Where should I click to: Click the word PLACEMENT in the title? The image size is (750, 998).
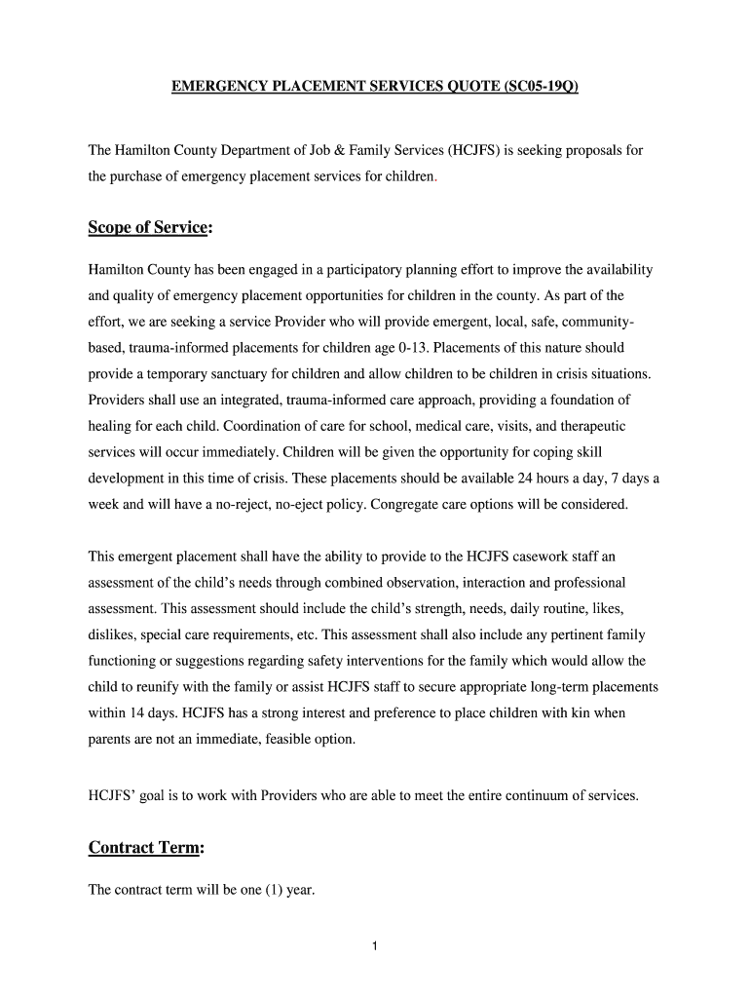tap(317, 87)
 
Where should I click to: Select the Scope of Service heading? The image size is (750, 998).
tap(150, 227)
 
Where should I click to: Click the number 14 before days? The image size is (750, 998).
tap(137, 713)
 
